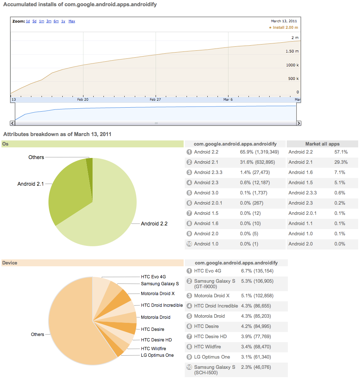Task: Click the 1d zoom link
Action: click(x=28, y=21)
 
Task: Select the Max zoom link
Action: click(x=72, y=21)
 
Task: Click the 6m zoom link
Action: click(x=56, y=21)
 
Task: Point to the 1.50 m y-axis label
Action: click(x=292, y=51)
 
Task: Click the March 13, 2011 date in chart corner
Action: click(x=284, y=21)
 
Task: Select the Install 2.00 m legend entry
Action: click(x=285, y=27)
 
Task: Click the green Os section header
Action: click(x=92, y=144)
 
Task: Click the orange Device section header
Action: click(x=92, y=263)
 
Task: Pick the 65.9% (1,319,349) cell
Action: click(x=259, y=152)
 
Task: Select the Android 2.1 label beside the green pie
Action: click(x=31, y=184)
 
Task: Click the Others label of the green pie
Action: click(x=36, y=157)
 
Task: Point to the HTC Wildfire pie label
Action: click(x=153, y=349)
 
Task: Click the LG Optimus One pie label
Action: click(x=157, y=355)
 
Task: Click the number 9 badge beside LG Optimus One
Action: click(x=189, y=357)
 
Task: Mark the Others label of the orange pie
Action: click(x=38, y=334)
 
